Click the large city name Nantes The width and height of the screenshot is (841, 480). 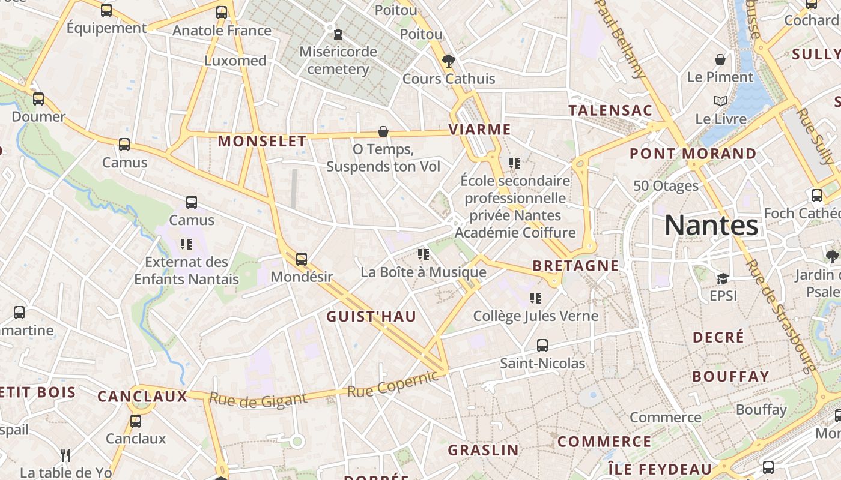(x=711, y=226)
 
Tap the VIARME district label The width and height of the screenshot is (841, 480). (x=479, y=130)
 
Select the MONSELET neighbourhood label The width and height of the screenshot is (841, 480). (x=262, y=142)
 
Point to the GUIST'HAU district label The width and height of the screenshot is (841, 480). (x=371, y=317)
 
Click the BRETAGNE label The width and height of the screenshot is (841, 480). (x=575, y=266)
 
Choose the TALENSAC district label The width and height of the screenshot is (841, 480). (x=610, y=110)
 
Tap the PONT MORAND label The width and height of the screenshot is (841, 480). (x=693, y=154)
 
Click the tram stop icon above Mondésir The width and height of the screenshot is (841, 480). (x=302, y=259)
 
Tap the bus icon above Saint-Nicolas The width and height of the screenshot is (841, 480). (x=542, y=346)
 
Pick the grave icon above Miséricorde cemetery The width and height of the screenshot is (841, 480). (x=338, y=34)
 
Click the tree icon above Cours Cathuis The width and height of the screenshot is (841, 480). (x=448, y=60)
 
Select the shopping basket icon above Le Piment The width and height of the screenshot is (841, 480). (x=720, y=59)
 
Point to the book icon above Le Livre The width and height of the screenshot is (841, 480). (x=720, y=101)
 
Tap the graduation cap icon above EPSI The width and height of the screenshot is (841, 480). (x=723, y=278)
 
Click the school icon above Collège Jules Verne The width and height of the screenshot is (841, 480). (x=536, y=298)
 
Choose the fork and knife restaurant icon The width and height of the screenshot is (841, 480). (x=65, y=455)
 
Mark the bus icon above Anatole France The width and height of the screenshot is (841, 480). (x=222, y=12)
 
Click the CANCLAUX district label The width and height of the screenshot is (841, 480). (x=142, y=397)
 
